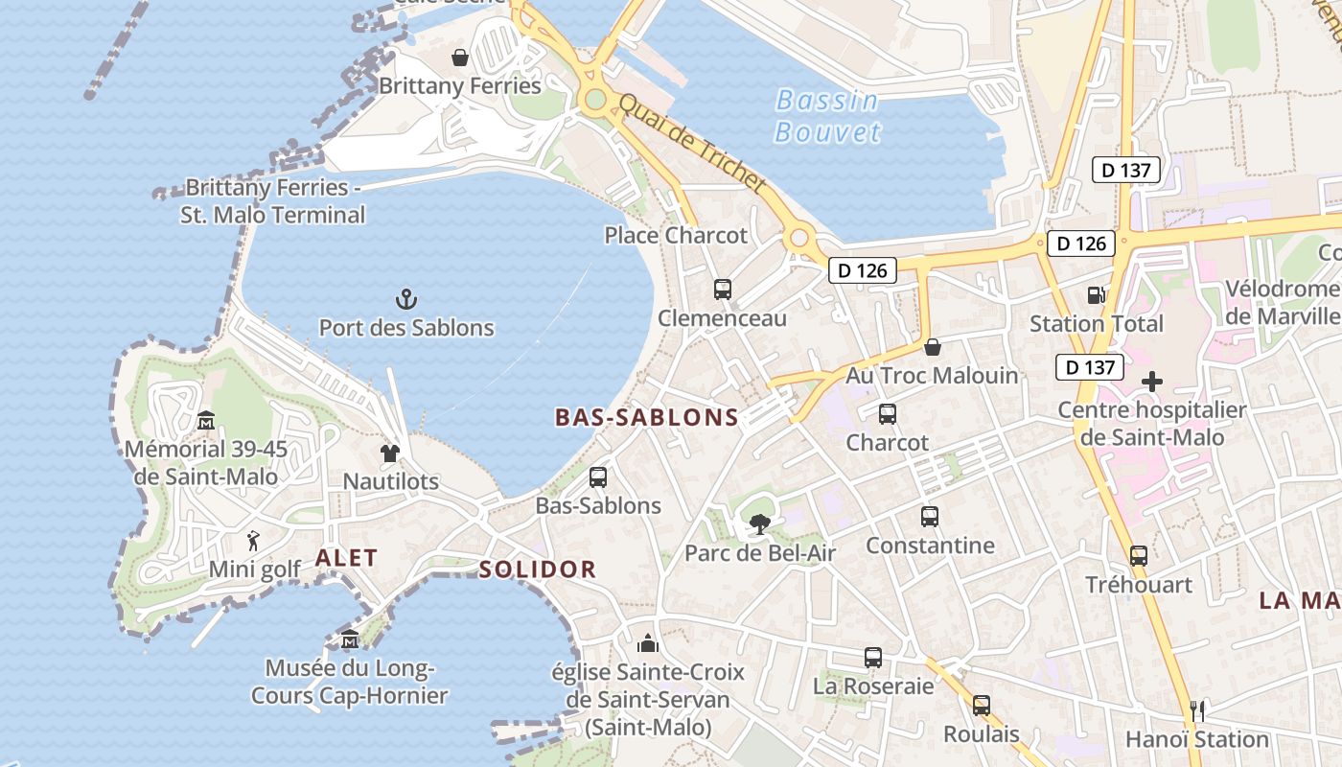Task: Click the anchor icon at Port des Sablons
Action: (x=406, y=299)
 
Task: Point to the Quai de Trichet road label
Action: (x=693, y=143)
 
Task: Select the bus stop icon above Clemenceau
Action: (x=723, y=289)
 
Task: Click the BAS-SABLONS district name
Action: (x=647, y=417)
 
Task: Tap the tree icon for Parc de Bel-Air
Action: (x=759, y=523)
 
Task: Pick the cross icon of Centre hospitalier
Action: (x=1152, y=382)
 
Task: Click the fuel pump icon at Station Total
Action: (x=1096, y=295)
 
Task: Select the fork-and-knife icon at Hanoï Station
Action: (x=1196, y=710)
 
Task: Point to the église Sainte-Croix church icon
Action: (x=648, y=642)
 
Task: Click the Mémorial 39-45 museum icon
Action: (x=206, y=420)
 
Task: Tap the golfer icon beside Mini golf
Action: (x=253, y=541)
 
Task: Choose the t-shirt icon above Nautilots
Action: (x=390, y=453)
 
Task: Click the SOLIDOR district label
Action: (x=538, y=569)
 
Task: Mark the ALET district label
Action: (x=346, y=558)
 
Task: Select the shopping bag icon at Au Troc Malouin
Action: (x=932, y=346)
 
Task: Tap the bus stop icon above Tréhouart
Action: (x=1138, y=555)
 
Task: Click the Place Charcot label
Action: (x=676, y=235)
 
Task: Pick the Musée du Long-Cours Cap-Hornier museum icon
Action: (x=350, y=639)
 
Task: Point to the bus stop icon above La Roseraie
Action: (x=872, y=657)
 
